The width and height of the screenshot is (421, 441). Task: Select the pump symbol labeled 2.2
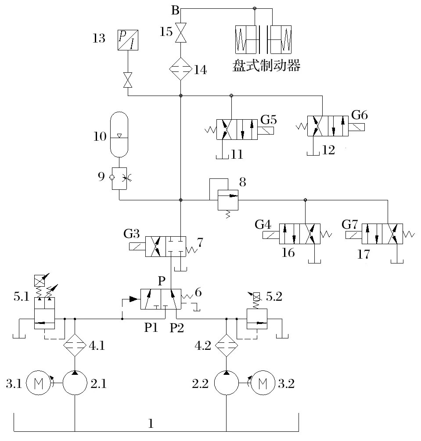point(226,383)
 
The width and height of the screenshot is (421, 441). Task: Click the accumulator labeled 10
point(119,135)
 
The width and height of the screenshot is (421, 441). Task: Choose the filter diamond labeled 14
point(181,69)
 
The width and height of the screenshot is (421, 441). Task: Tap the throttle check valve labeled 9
point(119,178)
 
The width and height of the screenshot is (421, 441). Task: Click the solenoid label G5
point(269,119)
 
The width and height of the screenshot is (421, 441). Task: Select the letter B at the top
point(175,11)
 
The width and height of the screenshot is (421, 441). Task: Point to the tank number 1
point(151,424)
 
